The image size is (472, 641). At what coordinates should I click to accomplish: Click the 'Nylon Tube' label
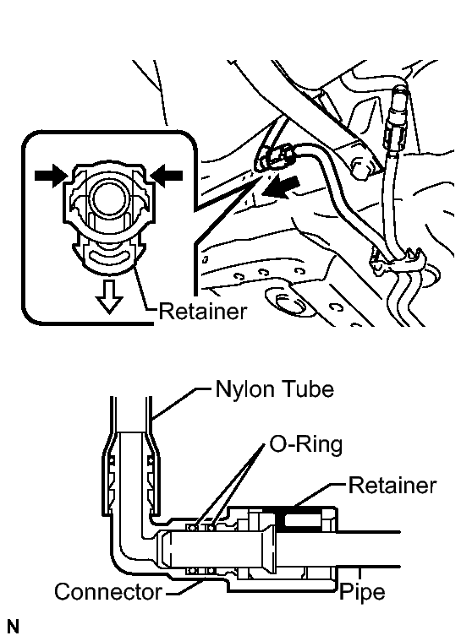coord(274,388)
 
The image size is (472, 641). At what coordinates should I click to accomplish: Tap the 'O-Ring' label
coord(305,444)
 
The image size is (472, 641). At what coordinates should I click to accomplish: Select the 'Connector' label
coord(108,591)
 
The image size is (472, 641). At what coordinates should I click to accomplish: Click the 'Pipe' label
coord(362,592)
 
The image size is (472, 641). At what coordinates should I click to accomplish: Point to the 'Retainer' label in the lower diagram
coord(392,486)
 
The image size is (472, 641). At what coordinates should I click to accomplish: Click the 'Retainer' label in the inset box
coord(203,311)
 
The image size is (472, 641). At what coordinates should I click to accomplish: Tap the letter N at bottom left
coord(13,627)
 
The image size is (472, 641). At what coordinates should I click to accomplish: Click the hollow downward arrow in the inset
coord(109,296)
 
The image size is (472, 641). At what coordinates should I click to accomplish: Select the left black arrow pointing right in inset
coord(51,176)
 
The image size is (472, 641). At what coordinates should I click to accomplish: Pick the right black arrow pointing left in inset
coord(166,176)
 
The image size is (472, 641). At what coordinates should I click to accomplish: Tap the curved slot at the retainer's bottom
coord(109,258)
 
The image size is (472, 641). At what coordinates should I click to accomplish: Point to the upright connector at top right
coord(396,118)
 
